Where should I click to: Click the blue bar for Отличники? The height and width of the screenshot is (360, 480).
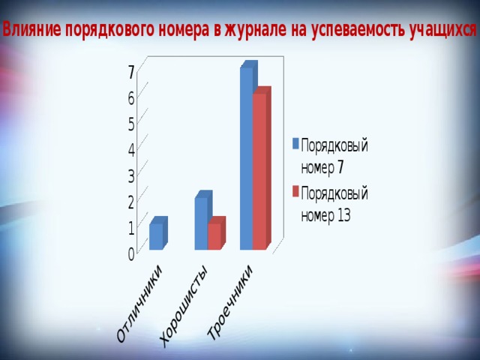click(158, 233)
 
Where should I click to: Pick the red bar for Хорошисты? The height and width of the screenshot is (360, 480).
click(216, 233)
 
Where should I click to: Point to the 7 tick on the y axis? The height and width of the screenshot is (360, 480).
click(131, 73)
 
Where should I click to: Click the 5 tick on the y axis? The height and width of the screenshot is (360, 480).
click(131, 124)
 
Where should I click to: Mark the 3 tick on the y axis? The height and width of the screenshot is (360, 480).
click(131, 176)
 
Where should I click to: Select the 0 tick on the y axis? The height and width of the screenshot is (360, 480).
click(131, 254)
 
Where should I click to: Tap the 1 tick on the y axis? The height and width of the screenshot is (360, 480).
click(131, 228)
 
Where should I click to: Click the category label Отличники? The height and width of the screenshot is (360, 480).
click(139, 303)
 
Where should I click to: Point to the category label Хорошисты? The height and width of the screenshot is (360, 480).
click(184, 305)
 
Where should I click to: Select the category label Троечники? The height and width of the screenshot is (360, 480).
click(230, 302)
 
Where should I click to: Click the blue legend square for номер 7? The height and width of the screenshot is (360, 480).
click(295, 143)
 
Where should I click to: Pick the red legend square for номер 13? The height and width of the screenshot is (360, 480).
click(295, 191)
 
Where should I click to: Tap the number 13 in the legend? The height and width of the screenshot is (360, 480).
click(344, 216)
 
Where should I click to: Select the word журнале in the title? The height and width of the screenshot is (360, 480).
click(256, 30)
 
